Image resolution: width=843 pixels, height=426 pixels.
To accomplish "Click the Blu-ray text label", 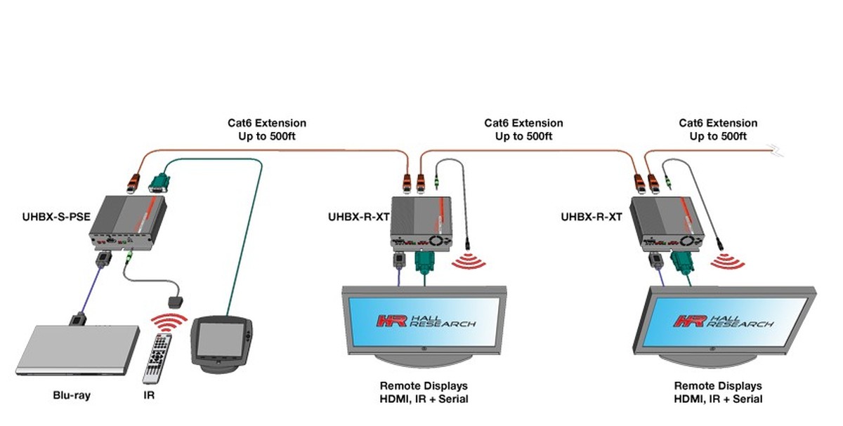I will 72,395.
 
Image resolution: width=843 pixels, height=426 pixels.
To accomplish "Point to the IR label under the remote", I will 149,395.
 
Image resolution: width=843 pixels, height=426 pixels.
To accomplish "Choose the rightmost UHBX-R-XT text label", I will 592,216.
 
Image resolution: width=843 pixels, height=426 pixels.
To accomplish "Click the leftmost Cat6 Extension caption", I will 267,130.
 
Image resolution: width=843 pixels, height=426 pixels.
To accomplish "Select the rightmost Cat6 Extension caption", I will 718,130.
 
